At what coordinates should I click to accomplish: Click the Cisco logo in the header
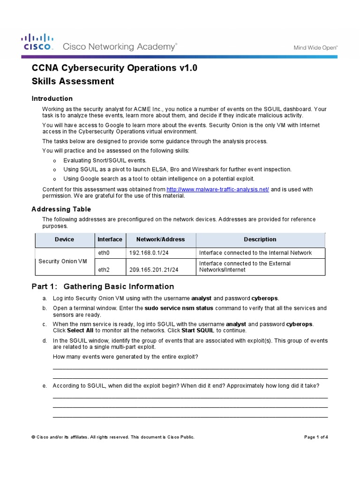[37, 42]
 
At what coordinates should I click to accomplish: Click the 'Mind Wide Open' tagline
[315, 47]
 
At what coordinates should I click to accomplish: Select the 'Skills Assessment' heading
[73, 81]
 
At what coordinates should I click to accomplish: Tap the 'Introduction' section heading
[52, 98]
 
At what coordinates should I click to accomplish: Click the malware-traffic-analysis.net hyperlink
[218, 189]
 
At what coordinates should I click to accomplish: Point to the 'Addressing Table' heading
[61, 209]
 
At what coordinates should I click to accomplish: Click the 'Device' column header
[64, 239]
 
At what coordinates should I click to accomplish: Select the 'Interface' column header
[110, 239]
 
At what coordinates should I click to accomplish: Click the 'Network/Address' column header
[160, 239]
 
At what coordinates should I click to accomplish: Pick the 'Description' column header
[260, 239]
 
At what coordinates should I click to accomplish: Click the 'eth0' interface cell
[103, 253]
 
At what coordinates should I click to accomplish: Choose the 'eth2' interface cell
[103, 270]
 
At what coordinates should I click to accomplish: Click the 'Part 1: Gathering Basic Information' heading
[103, 286]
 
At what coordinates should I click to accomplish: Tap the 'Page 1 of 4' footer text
[316, 437]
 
